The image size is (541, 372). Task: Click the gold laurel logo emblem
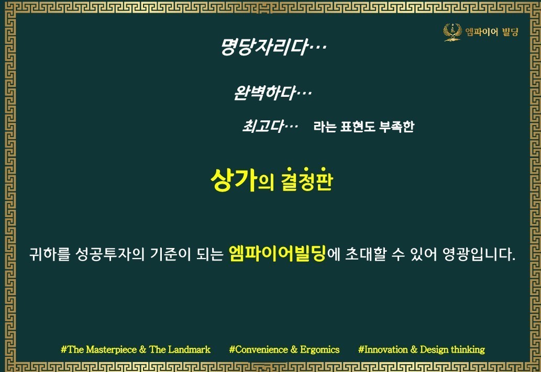[x=452, y=32]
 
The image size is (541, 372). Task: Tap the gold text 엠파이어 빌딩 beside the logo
[x=492, y=32]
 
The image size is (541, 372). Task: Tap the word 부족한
[x=396, y=127]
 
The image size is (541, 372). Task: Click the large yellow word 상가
[x=234, y=179]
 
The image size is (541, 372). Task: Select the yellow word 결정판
[x=307, y=179]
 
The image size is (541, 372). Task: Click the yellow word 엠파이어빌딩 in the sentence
[x=278, y=254]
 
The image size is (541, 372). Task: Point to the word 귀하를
[x=50, y=254]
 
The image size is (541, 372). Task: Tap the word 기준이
[x=170, y=254]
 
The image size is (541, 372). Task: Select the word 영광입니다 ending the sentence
[x=479, y=254]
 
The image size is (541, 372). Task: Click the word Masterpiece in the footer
[x=111, y=350]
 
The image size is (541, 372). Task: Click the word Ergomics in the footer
[x=320, y=350]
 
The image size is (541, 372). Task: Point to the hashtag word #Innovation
[x=383, y=350]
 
